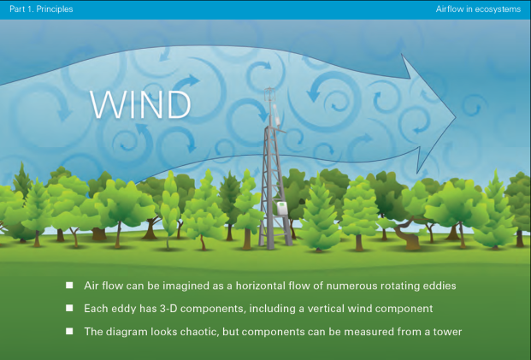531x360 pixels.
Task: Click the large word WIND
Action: point(140,104)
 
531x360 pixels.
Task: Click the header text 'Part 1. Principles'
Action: point(41,9)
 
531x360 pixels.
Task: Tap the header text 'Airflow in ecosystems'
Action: point(478,9)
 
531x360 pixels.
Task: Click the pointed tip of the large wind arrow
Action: point(456,117)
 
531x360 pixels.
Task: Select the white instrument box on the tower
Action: point(282,208)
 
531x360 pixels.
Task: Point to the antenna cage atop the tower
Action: point(269,94)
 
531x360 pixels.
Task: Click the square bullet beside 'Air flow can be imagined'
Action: point(69,285)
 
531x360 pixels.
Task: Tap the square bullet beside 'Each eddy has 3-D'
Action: point(69,308)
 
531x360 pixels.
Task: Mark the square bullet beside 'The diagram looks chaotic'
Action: point(69,331)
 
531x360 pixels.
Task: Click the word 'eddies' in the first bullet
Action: point(440,286)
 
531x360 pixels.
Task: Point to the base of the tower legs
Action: point(275,245)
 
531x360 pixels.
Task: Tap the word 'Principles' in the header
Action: point(55,9)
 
